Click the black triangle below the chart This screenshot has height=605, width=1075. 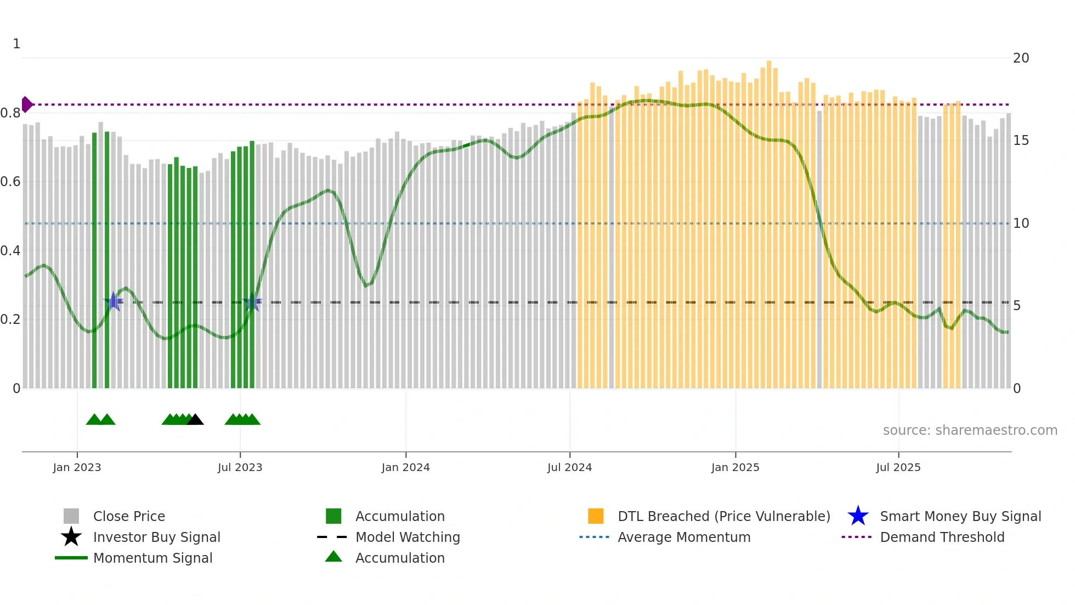point(195,420)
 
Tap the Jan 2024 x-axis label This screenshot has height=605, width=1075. point(405,467)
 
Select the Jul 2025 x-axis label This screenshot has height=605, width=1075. point(898,467)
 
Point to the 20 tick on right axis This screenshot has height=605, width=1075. point(1021,58)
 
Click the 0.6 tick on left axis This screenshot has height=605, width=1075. point(10,182)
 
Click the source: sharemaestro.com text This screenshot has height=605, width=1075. point(970,430)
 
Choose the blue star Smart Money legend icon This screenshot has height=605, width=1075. point(858,516)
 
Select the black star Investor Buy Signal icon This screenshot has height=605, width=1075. point(71,537)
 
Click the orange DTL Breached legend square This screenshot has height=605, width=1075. point(596,516)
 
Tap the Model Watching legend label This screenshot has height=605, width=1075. point(408,537)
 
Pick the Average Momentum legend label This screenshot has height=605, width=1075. point(684,537)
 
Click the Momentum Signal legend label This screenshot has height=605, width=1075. point(152,558)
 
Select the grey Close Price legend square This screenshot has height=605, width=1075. point(71,516)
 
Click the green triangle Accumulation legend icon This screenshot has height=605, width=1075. point(333,557)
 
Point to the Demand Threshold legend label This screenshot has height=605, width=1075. point(942,537)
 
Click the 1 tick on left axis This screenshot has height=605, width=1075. point(16,44)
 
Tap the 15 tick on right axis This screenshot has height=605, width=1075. point(1021,141)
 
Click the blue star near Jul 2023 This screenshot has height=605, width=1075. point(252,301)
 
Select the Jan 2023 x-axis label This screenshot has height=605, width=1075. point(77,467)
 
